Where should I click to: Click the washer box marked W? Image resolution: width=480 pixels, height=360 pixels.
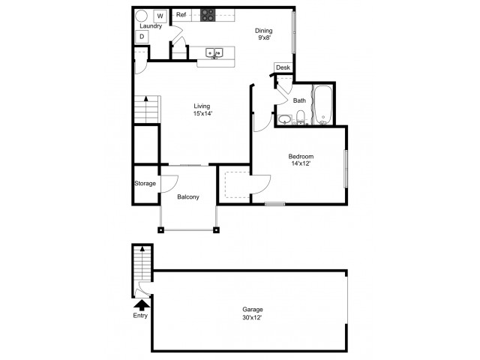pos(160,16)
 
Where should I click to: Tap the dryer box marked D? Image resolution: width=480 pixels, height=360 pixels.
pos(142,37)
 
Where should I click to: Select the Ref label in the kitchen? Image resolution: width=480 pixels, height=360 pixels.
pos(181,15)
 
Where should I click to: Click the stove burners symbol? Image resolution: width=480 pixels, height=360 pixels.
pos(208,15)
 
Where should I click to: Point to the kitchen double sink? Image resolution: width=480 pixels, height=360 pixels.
pos(214,53)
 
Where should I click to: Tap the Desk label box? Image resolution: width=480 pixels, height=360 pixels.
pos(283,67)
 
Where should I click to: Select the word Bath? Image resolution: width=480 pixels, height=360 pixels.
pos(299,100)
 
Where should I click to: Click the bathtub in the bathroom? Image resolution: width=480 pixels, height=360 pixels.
pos(323,105)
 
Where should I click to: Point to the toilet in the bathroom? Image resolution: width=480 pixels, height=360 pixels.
pos(301,118)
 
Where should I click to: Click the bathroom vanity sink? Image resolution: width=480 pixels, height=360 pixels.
pos(285,119)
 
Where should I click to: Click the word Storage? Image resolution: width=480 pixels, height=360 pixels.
pos(145,183)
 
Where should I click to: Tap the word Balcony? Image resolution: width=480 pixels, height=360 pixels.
pos(188,196)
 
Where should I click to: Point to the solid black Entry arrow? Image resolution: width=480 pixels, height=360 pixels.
pos(142,305)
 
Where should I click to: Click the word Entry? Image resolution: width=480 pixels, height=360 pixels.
pos(140,315)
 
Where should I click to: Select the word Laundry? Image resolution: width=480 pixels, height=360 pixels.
pos(151,26)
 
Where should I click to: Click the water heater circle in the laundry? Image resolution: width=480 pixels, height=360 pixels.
pos(142,16)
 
